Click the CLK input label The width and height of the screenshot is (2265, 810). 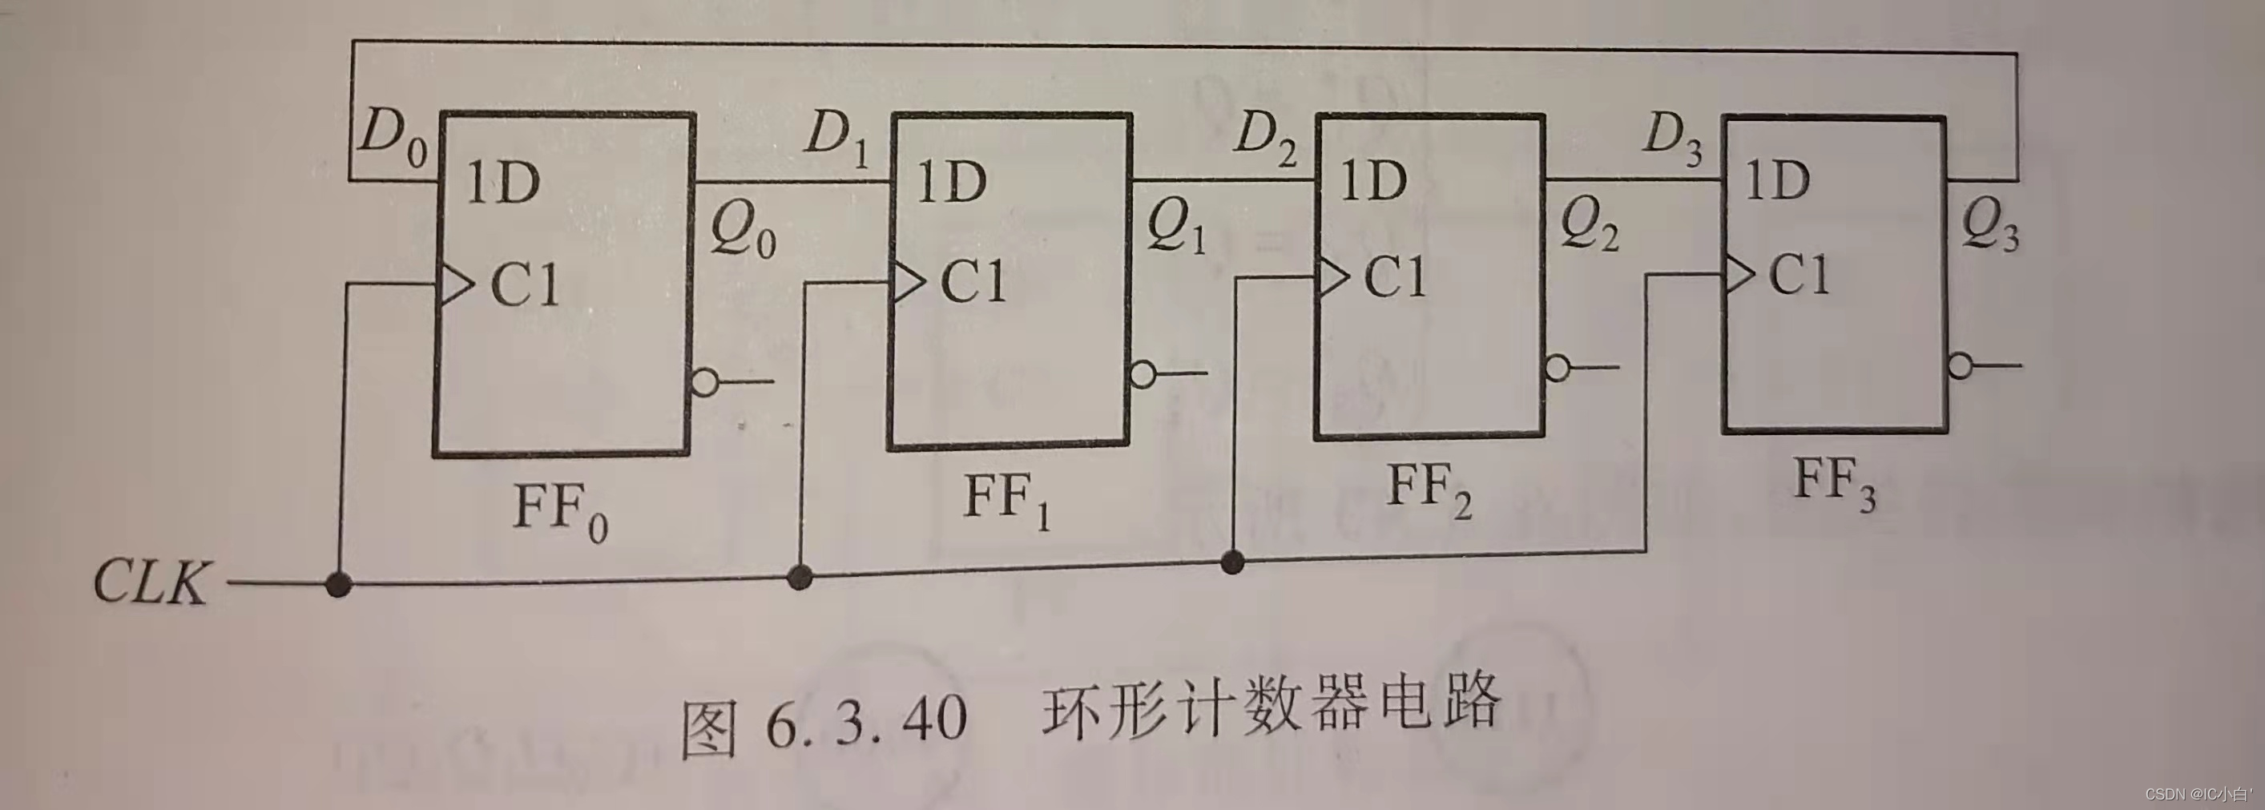click(151, 582)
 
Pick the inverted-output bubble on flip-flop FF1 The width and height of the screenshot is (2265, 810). click(1143, 375)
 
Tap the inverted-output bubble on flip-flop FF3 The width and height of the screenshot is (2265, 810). click(1959, 366)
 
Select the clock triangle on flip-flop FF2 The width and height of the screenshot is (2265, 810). click(1332, 277)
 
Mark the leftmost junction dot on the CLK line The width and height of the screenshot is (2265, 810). click(339, 583)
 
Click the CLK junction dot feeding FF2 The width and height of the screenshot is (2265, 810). click(1233, 561)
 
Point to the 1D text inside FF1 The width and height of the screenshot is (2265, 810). click(953, 182)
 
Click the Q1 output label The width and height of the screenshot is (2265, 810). click(1175, 228)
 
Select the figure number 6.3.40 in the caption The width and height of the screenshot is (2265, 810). click(866, 719)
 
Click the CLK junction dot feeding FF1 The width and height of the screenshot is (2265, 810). click(800, 577)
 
